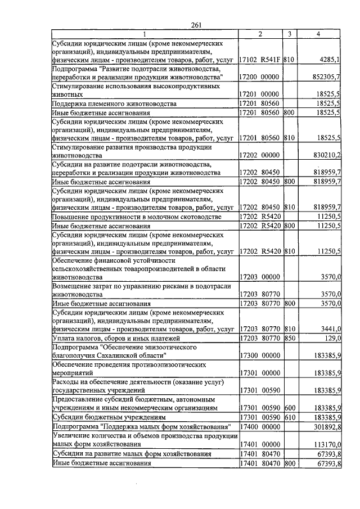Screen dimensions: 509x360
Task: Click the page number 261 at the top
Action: [196, 24]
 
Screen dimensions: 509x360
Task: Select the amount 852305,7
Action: [327, 76]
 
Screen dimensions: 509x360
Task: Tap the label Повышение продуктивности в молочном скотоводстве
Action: [129, 217]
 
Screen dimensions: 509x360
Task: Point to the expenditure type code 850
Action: [289, 337]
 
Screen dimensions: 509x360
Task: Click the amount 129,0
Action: [332, 337]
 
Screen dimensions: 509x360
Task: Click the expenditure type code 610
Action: [289, 418]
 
